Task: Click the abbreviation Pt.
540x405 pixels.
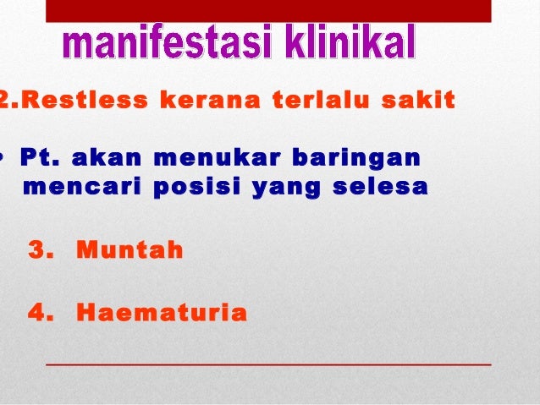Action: pos(39,158)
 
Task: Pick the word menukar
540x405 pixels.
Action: pos(214,158)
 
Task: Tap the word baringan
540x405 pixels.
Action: pos(355,158)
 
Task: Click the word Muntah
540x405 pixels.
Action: pos(129,251)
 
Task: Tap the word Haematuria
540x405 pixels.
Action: pos(162,314)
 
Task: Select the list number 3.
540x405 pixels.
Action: pos(40,251)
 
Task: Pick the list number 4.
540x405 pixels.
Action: pos(40,314)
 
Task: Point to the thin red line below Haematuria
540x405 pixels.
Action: pos(267,364)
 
